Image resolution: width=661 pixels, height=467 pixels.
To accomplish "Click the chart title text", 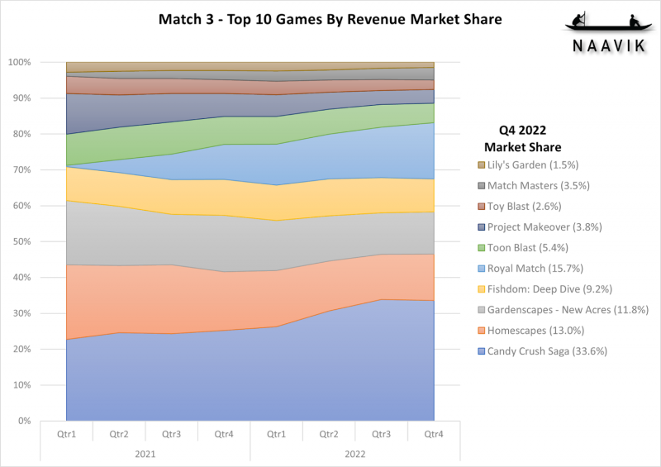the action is click(x=330, y=19).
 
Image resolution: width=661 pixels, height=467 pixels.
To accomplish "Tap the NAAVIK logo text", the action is click(x=609, y=45).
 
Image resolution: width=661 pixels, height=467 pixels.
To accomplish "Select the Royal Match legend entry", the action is click(x=530, y=269).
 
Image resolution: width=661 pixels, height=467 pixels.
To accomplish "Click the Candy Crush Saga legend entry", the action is click(x=543, y=351).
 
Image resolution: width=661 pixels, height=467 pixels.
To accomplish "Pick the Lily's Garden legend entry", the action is click(x=528, y=165).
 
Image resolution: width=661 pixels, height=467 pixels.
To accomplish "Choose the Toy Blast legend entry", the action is click(x=520, y=207).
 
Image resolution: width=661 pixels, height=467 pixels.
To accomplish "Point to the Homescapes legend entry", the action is click(x=531, y=331).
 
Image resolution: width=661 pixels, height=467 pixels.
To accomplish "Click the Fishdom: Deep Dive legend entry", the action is click(x=545, y=289).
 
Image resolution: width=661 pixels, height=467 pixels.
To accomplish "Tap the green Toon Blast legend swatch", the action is click(x=482, y=248).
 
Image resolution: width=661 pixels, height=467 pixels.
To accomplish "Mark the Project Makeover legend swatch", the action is click(x=482, y=227).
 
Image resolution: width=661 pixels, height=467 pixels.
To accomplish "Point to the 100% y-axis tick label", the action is click(x=19, y=63).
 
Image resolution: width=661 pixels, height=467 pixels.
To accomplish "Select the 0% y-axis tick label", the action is click(x=24, y=421).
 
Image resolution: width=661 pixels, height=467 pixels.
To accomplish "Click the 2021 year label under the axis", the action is click(x=145, y=455).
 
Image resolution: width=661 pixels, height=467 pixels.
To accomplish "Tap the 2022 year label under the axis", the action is click(x=355, y=455).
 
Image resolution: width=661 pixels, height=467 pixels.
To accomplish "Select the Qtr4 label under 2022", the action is click(x=434, y=434).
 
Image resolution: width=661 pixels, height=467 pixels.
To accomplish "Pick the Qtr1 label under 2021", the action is click(x=67, y=434).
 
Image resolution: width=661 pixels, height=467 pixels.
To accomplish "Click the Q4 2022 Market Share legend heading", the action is click(x=523, y=138).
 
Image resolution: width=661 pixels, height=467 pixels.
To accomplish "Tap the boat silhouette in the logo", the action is click(x=608, y=22).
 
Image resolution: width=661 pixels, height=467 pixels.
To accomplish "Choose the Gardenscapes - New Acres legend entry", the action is click(x=564, y=310).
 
